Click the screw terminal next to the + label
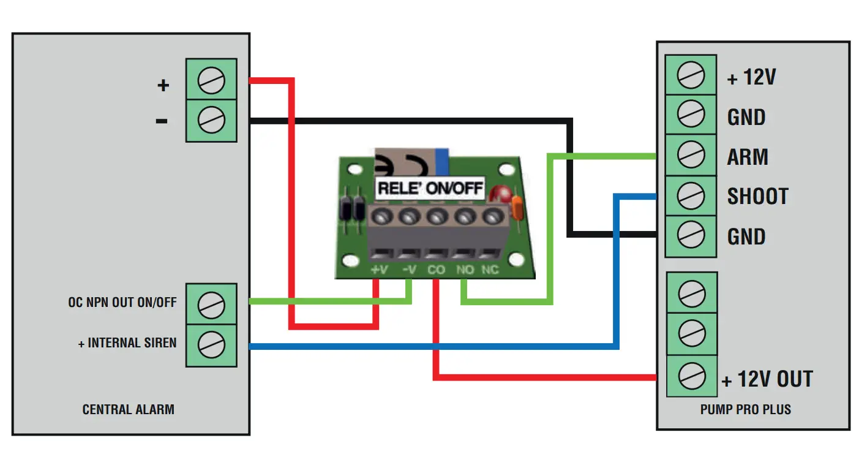coord(211,80)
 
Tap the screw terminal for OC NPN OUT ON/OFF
coord(211,304)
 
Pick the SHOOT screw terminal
coord(691,196)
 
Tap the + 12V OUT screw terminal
coord(691,374)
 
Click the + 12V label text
coord(751,78)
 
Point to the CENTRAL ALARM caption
coord(128,409)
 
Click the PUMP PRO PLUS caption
coord(745,409)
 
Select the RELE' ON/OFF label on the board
coord(430,188)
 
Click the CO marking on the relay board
coord(436,270)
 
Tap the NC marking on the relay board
coord(490,270)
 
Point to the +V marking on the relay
coord(379,270)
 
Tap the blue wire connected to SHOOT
coord(616,276)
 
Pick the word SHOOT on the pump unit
coord(757,197)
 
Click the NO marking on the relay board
coord(464,270)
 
